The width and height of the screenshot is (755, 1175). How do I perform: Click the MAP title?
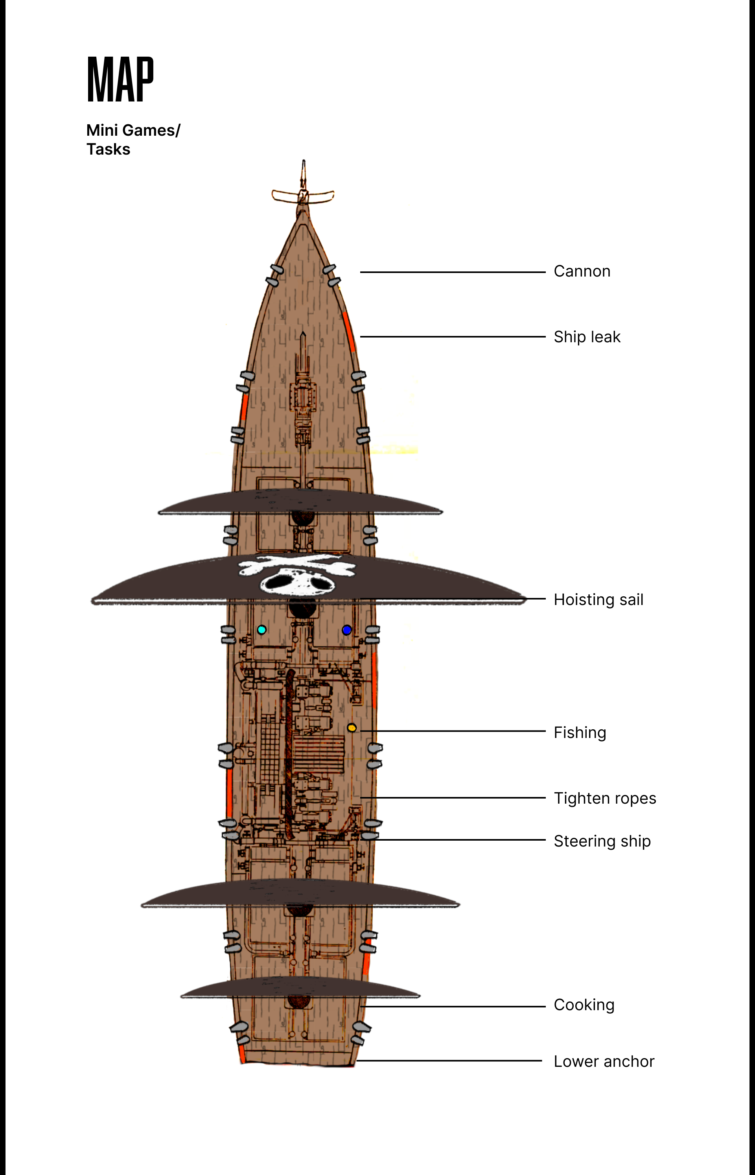(120, 79)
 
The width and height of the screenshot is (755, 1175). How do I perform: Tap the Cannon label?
(582, 271)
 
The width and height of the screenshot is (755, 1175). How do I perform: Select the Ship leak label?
(587, 337)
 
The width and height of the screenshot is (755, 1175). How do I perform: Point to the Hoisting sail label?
(598, 599)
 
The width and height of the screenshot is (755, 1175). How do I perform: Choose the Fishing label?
(580, 733)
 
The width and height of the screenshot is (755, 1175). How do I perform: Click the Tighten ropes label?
(604, 799)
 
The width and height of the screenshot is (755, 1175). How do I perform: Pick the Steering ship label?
(602, 841)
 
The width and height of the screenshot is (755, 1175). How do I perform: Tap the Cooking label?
(584, 1005)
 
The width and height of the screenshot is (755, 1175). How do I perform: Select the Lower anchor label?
(604, 1061)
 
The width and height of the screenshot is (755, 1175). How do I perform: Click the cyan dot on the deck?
(262, 630)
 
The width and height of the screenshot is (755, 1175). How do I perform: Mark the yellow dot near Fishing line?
(352, 728)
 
